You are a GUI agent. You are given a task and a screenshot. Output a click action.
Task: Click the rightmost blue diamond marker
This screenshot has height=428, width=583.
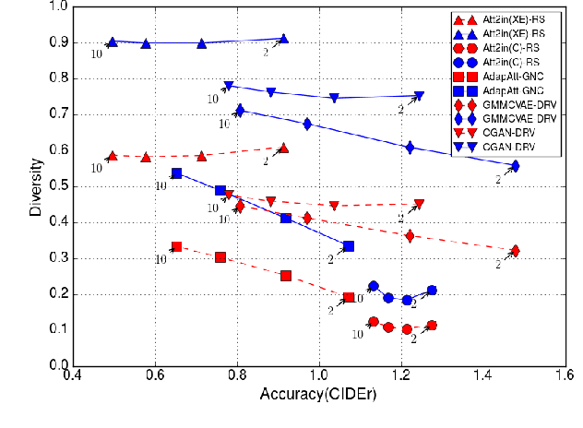[x=515, y=166]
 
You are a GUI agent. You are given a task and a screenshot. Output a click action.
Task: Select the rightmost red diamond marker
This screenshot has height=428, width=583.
[x=515, y=251]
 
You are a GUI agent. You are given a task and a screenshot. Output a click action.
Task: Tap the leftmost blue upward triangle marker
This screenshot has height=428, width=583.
[x=112, y=42]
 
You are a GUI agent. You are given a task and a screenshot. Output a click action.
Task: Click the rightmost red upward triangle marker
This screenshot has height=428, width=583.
[x=283, y=148]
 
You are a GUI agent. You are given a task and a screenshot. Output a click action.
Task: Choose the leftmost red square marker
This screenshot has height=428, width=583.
[x=177, y=247]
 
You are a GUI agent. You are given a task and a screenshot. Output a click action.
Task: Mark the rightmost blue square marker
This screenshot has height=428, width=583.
[x=348, y=246]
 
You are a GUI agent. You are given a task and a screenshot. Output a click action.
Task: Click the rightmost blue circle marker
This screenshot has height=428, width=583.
[x=431, y=291]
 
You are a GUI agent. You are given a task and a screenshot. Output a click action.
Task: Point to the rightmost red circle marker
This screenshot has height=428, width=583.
[x=431, y=326]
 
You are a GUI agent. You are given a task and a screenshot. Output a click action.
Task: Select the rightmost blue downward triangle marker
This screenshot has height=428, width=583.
[x=419, y=96]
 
